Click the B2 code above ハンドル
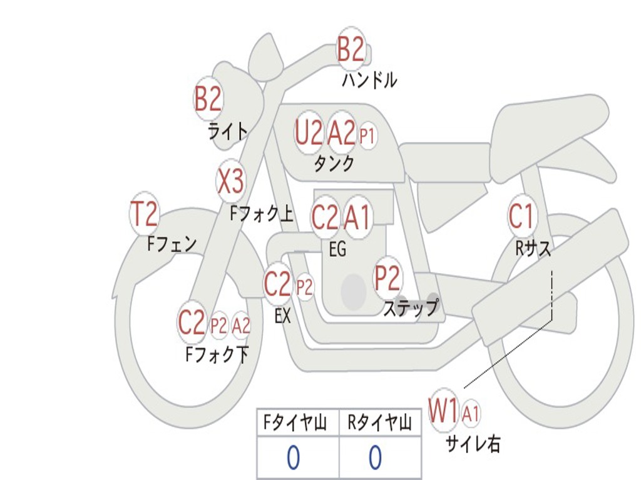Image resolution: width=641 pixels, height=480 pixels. pos(351,49)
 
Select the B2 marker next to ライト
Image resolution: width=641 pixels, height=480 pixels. pos(208,98)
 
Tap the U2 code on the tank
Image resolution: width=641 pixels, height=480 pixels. pos(309,132)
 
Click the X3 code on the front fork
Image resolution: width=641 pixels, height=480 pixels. pos(230,182)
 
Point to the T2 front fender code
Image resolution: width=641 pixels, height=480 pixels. pos(144,214)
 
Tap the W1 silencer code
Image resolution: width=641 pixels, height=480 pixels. pos(444,411)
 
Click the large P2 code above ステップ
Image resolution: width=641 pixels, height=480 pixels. pos(387,279)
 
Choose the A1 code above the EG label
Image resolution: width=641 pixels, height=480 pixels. pos(357,217)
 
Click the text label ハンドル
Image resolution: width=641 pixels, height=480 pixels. pos(369,80)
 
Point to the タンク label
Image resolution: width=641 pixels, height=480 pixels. pos(334,164)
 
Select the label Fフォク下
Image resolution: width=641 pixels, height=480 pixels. pos(217,355)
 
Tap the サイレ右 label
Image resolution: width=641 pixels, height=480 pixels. pos(473,444)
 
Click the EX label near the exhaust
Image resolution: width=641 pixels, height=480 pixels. pos(283,316)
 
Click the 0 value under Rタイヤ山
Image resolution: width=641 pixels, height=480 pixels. pos(374,459)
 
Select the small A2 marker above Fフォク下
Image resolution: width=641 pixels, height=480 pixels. pos(241,326)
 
